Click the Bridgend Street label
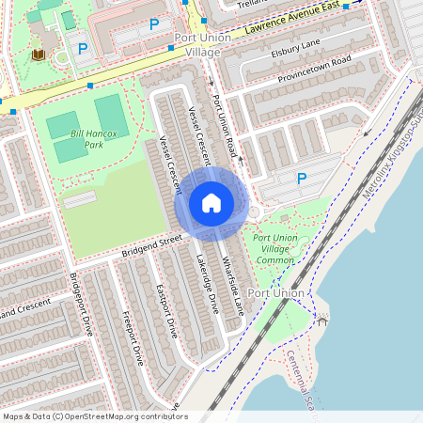pos(150,247)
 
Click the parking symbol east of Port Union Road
pos(302,178)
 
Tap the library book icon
pos(38,55)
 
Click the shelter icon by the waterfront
pos(322,320)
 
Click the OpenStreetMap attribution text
pos(95,415)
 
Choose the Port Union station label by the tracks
pos(277,293)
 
